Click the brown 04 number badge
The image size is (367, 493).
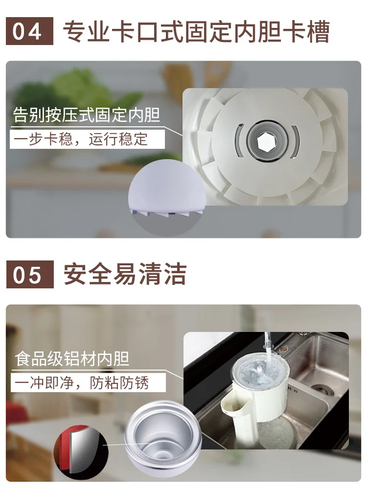point(29,31)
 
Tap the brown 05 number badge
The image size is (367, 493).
point(30,274)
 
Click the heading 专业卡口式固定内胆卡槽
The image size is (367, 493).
point(196,31)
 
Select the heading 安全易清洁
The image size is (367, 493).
point(125,274)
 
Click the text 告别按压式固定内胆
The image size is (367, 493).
point(87,115)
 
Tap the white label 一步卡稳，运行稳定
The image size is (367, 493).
point(88,139)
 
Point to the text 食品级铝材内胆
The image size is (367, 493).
point(72,358)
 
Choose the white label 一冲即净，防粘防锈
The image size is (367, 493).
point(88,383)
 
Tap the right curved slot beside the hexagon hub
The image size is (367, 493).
point(295,141)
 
